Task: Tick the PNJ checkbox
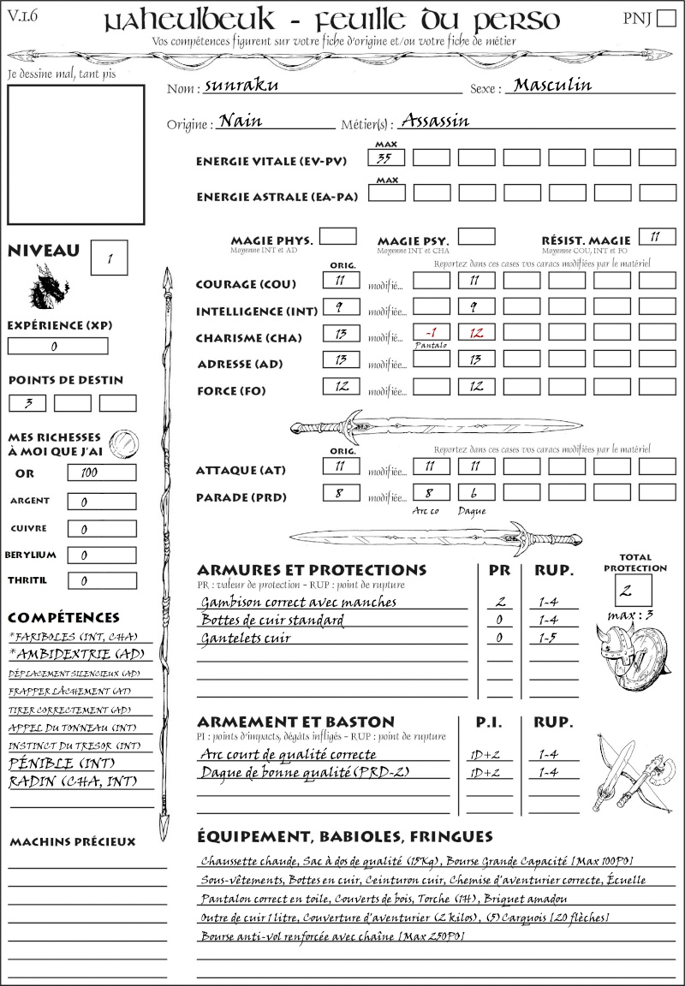[x=664, y=19]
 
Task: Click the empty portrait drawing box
[x=75, y=154]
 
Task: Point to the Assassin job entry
[x=435, y=121]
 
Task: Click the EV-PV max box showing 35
[x=387, y=158]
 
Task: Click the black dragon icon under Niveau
[x=50, y=287]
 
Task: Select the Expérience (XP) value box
[x=57, y=347]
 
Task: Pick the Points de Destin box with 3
[x=27, y=403]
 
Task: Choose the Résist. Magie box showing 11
[x=655, y=236]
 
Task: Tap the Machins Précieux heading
[x=72, y=842]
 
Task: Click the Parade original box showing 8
[x=341, y=493]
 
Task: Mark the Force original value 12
[x=341, y=386]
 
